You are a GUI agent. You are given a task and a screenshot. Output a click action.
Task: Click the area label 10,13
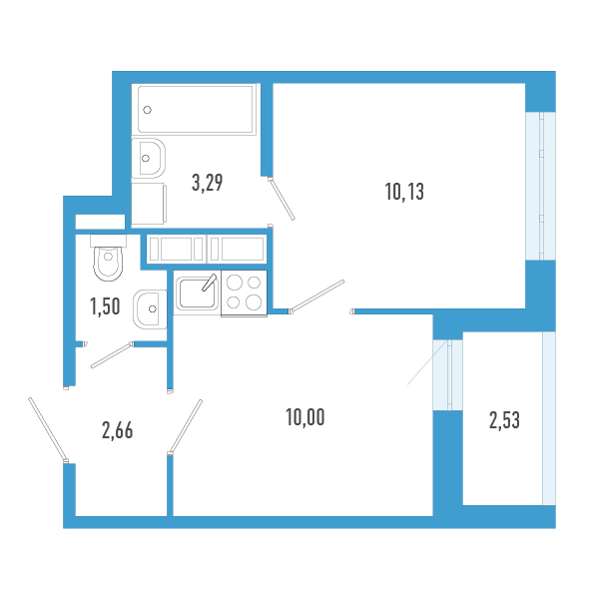[x=404, y=193]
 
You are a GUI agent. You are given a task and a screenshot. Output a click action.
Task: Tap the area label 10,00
[x=304, y=417]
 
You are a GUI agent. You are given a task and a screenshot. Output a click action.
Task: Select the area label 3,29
[x=207, y=183]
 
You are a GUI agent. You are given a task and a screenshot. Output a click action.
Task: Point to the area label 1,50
[x=105, y=306]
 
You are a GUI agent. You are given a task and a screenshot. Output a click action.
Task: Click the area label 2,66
[x=117, y=431]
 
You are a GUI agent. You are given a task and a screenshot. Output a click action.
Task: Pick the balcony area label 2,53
[x=504, y=421]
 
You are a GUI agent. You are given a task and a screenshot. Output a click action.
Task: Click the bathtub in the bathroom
[x=196, y=109]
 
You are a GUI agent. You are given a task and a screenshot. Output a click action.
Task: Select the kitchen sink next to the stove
[x=196, y=294]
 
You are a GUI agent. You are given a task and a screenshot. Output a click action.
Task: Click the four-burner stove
[x=244, y=294]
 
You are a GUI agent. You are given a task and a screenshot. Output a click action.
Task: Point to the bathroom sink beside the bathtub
[x=150, y=157]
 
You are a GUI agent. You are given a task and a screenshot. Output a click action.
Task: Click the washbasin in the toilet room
[x=150, y=308]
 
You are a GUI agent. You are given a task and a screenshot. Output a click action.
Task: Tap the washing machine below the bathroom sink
[x=148, y=205]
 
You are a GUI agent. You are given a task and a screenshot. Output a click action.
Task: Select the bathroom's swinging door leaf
[x=282, y=199]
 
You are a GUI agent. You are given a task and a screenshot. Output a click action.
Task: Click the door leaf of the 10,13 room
[x=318, y=296]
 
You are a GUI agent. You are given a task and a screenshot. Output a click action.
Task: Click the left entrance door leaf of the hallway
[x=48, y=430]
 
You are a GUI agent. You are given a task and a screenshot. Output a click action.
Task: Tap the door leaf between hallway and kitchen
[x=187, y=424]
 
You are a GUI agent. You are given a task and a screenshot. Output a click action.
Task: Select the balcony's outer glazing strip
[x=548, y=419]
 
